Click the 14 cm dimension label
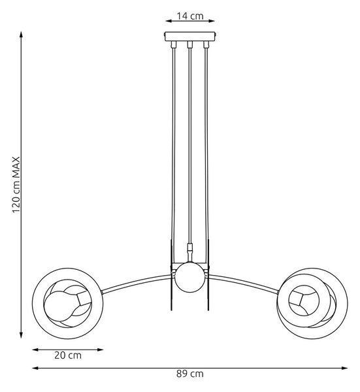(x=190, y=16)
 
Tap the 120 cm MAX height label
(x=16, y=185)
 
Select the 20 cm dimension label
(x=68, y=355)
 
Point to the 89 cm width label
(x=190, y=374)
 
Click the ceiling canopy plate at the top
(x=190, y=36)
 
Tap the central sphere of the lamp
(x=189, y=277)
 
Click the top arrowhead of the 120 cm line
(x=22, y=35)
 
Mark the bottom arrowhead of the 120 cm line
(x=22, y=335)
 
